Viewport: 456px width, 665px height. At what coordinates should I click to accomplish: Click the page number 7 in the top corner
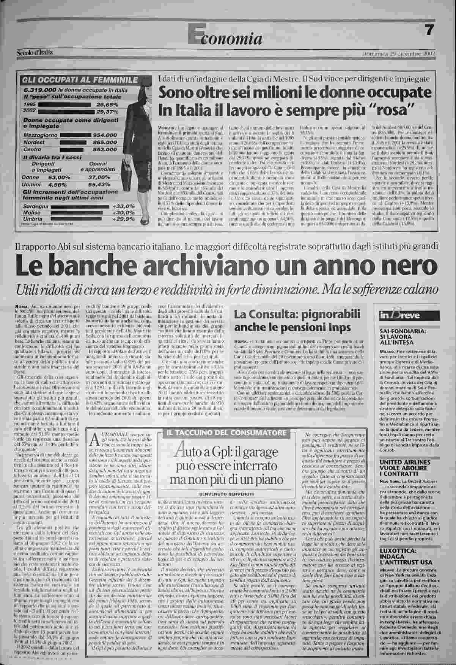point(429,31)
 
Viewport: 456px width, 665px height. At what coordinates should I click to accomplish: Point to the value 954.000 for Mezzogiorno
point(105,135)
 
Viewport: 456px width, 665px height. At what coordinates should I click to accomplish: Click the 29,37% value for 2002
point(107,112)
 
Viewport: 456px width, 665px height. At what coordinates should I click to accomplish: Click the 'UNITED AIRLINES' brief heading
point(405,463)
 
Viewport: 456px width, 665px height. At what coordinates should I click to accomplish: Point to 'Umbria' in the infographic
point(32,219)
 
